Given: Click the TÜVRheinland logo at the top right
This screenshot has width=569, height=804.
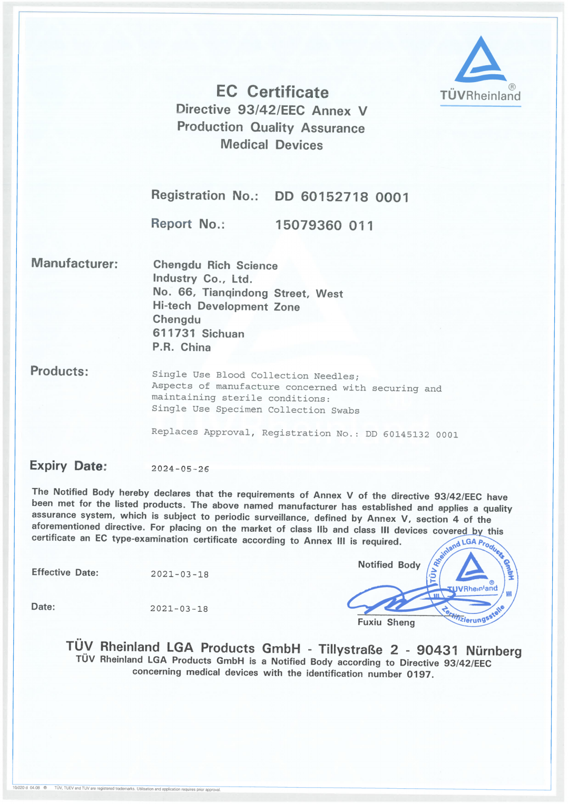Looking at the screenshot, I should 480,69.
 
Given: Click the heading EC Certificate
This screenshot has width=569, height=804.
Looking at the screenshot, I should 272,92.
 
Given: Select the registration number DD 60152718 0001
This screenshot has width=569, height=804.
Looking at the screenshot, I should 341,197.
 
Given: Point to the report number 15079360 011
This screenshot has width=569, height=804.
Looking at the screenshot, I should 324,225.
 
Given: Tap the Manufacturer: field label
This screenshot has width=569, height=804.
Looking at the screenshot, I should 74,263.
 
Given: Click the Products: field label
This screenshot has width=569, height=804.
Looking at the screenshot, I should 59,371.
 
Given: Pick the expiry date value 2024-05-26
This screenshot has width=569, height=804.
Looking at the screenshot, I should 180,469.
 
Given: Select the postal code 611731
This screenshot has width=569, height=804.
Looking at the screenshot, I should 174,333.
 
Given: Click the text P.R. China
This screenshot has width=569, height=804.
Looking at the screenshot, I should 182,348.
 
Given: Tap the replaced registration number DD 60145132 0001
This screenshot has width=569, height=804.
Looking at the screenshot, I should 411,434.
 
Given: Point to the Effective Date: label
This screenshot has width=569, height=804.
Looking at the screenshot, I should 65,572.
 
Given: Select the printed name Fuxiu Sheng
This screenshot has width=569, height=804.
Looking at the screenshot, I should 386,622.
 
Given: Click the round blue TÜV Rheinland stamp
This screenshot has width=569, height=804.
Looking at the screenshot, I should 472,581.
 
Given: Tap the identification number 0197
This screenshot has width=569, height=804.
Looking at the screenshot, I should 419,674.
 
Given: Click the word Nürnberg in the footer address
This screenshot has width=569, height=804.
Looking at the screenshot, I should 494,651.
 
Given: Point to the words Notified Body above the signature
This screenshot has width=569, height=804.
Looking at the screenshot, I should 389,565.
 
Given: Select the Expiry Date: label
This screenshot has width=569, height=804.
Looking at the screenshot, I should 68,466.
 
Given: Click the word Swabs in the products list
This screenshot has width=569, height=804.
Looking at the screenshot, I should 345,410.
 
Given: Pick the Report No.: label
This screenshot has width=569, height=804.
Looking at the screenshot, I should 188,224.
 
